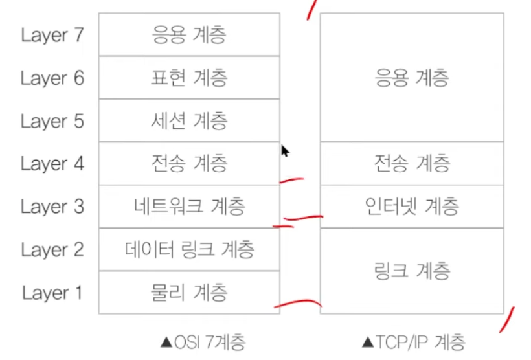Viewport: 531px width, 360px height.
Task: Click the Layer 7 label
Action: tap(52, 35)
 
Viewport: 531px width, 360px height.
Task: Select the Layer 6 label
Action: tap(52, 78)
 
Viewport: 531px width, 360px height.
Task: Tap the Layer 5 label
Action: tap(52, 121)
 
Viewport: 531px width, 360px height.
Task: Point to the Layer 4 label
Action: tap(52, 164)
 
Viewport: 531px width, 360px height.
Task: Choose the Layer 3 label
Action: tap(52, 207)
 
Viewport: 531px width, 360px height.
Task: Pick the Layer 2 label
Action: tap(52, 250)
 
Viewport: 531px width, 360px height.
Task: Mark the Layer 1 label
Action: tap(52, 293)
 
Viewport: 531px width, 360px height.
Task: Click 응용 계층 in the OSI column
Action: tap(188, 35)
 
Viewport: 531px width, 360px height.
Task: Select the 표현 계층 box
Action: tap(188, 78)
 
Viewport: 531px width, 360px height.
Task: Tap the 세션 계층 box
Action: tap(188, 120)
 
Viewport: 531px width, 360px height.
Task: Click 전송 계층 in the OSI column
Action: tap(188, 163)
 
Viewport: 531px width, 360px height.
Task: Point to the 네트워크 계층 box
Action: tap(188, 207)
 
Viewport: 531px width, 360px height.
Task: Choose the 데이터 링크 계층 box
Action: tap(188, 249)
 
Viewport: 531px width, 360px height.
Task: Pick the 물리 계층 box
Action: tap(188, 293)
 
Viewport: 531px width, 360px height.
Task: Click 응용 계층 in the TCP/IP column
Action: tap(411, 78)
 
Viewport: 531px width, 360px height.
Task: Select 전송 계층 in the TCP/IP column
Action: tap(411, 163)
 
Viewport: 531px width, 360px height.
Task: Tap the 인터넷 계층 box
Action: tap(411, 207)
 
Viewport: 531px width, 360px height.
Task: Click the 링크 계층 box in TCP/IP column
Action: tap(411, 271)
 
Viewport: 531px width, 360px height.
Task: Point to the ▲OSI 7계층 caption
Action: tap(201, 340)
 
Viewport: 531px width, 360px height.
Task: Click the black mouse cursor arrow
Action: tap(285, 151)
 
